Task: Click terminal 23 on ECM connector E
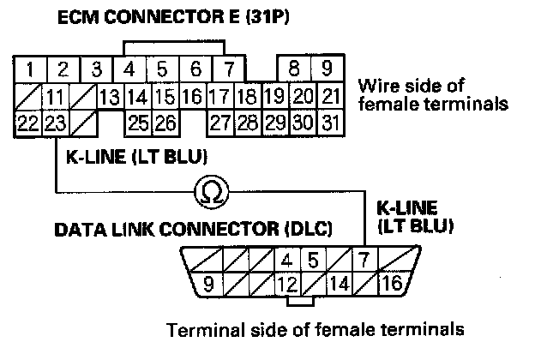pos(55,123)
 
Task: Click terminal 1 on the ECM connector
pos(30,69)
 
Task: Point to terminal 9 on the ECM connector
pos(327,69)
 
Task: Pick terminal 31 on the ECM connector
pos(327,123)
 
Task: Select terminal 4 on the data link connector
pos(287,259)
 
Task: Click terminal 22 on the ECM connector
pos(28,123)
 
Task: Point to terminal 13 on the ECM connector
pos(109,95)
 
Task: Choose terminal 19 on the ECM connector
pos(274,95)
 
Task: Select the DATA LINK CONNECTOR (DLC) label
pos(193,231)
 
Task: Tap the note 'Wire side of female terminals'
pos(428,95)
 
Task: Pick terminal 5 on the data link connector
pos(313,259)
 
